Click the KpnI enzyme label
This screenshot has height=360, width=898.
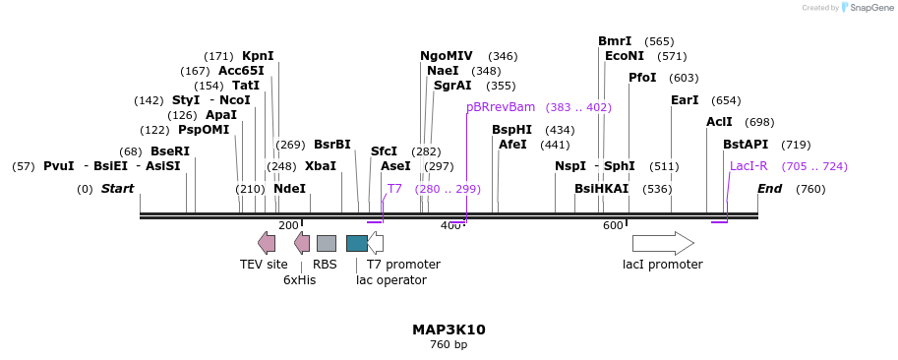click(x=258, y=56)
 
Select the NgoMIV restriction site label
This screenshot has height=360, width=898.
click(x=446, y=56)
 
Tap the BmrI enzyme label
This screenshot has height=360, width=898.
click(x=615, y=41)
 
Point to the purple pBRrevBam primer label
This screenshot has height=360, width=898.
click(x=501, y=106)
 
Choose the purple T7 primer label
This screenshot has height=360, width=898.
click(x=394, y=188)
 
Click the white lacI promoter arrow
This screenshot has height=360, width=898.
click(x=662, y=243)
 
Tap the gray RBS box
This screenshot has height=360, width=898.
click(x=326, y=243)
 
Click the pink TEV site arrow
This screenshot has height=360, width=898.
click(x=267, y=243)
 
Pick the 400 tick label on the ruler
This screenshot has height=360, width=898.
click(x=450, y=226)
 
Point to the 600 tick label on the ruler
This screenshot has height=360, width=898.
click(x=613, y=226)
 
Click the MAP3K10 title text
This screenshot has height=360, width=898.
click(x=449, y=330)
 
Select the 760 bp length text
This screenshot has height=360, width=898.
click(x=449, y=345)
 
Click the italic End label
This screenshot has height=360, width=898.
click(x=769, y=189)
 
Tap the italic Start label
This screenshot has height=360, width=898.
click(x=117, y=189)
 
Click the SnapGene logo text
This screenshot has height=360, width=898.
click(x=870, y=8)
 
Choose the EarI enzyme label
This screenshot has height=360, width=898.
click(x=685, y=100)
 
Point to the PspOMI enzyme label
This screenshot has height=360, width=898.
click(x=204, y=130)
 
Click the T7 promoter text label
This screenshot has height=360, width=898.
click(x=403, y=265)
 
